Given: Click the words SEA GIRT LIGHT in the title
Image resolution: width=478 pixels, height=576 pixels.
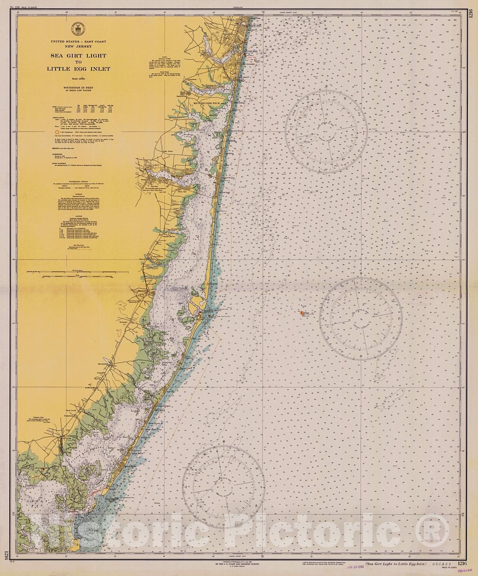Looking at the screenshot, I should pyautogui.click(x=78, y=56).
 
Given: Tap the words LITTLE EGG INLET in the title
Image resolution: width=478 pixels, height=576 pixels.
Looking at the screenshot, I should pyautogui.click(x=78, y=69).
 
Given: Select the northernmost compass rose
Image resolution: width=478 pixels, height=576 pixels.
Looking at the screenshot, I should pyautogui.click(x=326, y=132).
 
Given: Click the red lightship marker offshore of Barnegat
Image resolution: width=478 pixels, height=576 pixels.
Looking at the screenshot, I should pyautogui.click(x=301, y=313).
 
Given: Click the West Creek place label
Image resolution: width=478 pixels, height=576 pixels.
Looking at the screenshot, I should pyautogui.click(x=70, y=410).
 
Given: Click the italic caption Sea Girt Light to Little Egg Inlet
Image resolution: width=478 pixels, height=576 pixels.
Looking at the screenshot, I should pyautogui.click(x=395, y=564).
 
